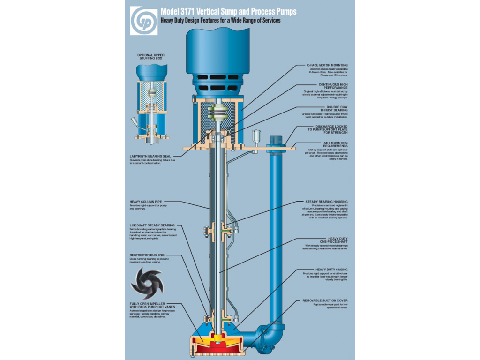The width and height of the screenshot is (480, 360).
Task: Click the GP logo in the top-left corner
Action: (x=144, y=20)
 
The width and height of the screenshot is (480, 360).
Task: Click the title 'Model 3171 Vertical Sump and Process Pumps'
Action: (x=228, y=12)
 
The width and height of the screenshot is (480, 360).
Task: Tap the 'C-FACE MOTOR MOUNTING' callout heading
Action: (x=327, y=65)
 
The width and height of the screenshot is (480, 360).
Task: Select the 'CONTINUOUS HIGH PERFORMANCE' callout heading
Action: (x=333, y=86)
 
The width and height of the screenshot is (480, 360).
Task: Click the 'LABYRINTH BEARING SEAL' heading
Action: (x=150, y=156)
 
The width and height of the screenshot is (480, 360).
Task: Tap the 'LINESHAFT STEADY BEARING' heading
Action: (x=152, y=225)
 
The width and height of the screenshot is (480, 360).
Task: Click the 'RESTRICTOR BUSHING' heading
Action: (x=147, y=255)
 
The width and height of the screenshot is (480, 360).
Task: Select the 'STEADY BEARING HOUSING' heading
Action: (x=327, y=201)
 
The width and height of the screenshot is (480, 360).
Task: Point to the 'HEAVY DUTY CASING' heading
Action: (x=331, y=270)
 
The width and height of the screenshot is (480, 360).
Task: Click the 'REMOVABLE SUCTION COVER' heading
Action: (x=325, y=300)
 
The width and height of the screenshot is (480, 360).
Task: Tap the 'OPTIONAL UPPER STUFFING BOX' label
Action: (x=150, y=57)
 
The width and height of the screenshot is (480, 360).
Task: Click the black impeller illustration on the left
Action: (x=146, y=284)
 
